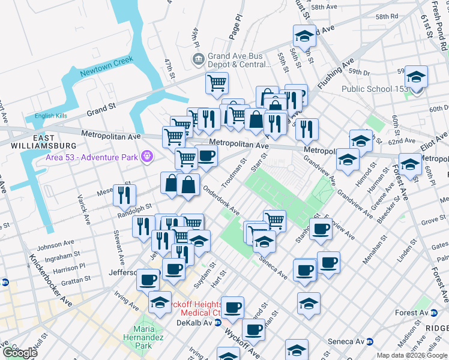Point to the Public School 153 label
point(374,89)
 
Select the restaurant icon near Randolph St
point(124,194)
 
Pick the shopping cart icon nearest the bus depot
point(217,83)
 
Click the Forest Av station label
point(411,313)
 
